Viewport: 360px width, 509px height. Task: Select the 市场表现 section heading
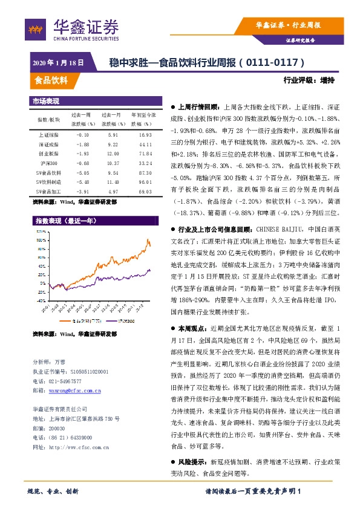point(46,101)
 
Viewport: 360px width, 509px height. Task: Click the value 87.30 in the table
point(145,172)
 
